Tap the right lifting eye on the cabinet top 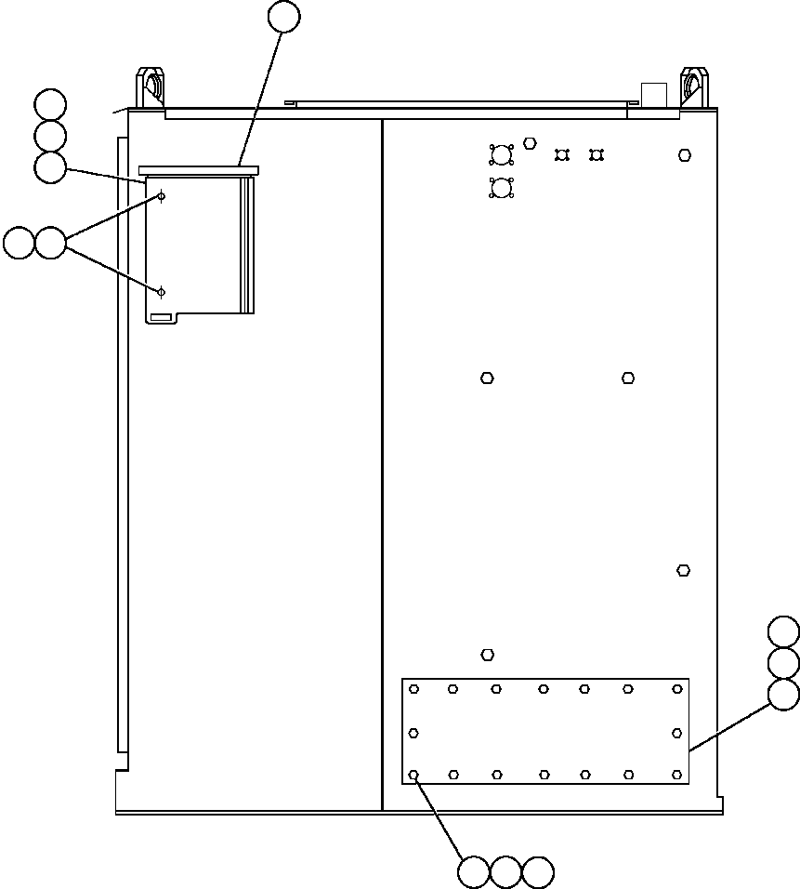click(693, 86)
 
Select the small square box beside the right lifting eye click(654, 95)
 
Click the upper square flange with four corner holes click(502, 154)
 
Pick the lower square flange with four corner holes click(502, 188)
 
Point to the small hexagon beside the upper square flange click(530, 143)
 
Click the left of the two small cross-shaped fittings click(561, 154)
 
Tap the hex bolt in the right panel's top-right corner click(685, 155)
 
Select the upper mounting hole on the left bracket click(161, 196)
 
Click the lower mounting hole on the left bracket click(161, 292)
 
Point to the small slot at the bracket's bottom click(161, 318)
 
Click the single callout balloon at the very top click(283, 17)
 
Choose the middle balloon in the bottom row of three click(505, 872)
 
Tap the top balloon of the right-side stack click(784, 631)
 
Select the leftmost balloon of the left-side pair click(19, 244)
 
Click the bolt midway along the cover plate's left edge click(414, 733)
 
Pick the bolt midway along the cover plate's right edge click(677, 733)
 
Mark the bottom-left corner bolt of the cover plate click(414, 774)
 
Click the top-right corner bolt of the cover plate click(677, 689)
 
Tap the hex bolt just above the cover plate click(487, 655)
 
